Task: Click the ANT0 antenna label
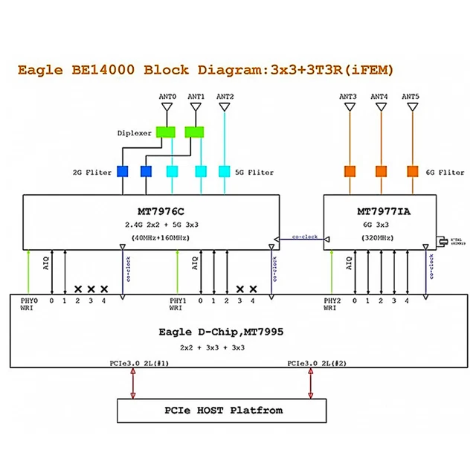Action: [168, 97]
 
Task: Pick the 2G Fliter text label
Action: [93, 173]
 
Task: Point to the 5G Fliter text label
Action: [255, 173]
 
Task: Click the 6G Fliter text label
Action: [446, 173]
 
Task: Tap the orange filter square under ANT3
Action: [350, 172]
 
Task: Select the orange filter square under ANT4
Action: [381, 172]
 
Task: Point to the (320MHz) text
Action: [379, 239]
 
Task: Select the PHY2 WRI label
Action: [333, 304]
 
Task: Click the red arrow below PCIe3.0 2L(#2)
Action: [310, 384]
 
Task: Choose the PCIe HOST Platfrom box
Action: [223, 410]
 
